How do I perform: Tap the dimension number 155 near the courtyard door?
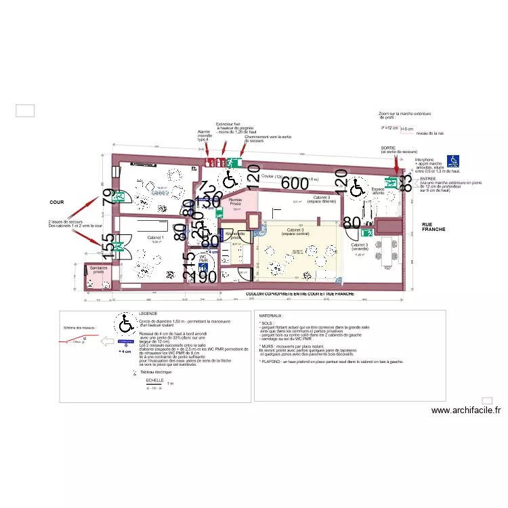coord(108,242)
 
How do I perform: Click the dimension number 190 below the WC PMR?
coord(203,276)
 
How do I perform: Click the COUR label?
coord(56,203)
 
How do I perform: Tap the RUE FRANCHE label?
coord(431,227)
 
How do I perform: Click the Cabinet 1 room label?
coord(155,238)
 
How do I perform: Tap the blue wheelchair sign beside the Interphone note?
coord(453,161)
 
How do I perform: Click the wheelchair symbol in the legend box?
coord(126,324)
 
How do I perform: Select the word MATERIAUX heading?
coord(271,316)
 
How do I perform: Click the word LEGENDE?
coord(148,314)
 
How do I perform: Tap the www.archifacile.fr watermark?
coord(465,410)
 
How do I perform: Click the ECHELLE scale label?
coord(155,381)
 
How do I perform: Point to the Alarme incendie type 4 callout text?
coord(204,135)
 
